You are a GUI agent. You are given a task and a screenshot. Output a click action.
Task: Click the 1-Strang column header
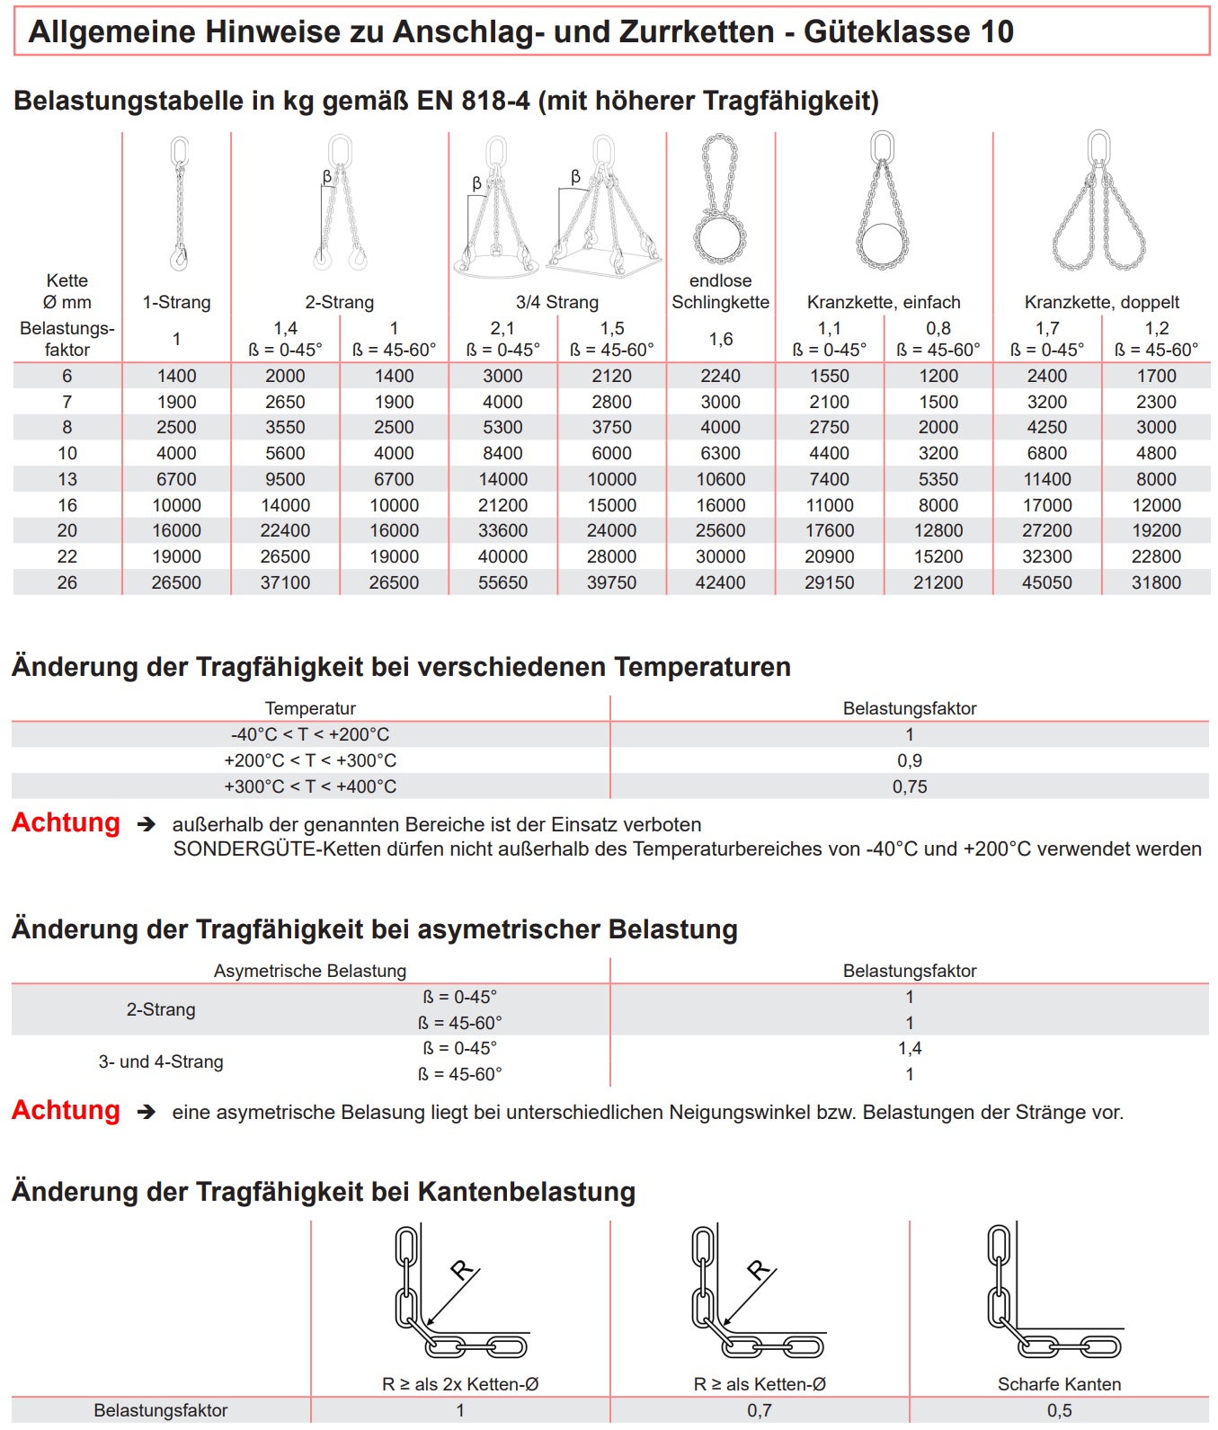(176, 302)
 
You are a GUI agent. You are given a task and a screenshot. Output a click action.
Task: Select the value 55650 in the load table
(502, 582)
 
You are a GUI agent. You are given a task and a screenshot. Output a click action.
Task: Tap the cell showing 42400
(720, 582)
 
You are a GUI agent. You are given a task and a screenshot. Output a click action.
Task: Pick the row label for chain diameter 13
(67, 479)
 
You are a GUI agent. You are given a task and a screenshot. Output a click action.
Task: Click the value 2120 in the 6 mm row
(611, 376)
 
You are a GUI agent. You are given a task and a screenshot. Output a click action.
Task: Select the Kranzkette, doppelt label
(1101, 302)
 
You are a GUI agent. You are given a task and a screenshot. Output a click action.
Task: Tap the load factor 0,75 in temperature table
(909, 786)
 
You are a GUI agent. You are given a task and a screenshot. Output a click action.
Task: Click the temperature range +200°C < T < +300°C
(310, 760)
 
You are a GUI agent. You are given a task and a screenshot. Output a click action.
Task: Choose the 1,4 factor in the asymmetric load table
(909, 1048)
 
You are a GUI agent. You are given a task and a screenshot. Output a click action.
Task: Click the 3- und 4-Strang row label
(161, 1061)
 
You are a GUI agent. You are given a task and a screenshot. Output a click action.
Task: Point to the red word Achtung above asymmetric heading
(66, 822)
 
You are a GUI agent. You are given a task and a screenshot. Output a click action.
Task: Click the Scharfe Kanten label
(1059, 1384)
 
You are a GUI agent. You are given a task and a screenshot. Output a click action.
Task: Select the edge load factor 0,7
(759, 1410)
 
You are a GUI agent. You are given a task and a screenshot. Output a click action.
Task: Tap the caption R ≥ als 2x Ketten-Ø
(460, 1384)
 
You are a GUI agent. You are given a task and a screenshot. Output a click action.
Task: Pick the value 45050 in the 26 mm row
(1046, 582)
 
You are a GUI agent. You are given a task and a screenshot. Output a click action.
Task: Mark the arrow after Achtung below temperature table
(146, 824)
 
